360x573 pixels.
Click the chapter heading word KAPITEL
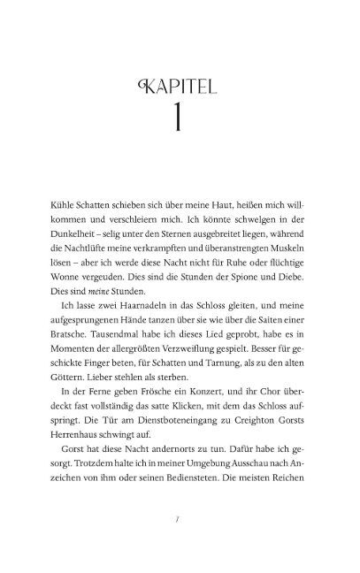click(180, 88)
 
